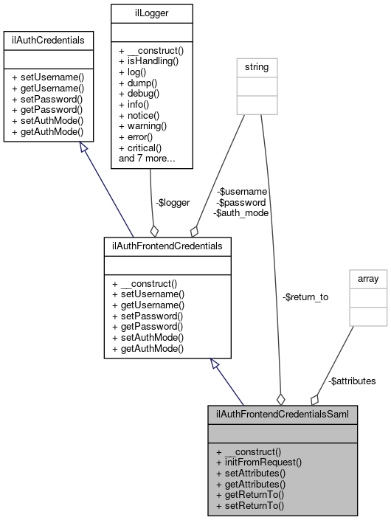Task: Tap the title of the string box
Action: (257, 67)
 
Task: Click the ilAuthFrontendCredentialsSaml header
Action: (283, 412)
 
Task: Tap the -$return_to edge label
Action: (305, 297)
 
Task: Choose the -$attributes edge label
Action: (351, 381)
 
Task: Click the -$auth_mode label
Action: (241, 212)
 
